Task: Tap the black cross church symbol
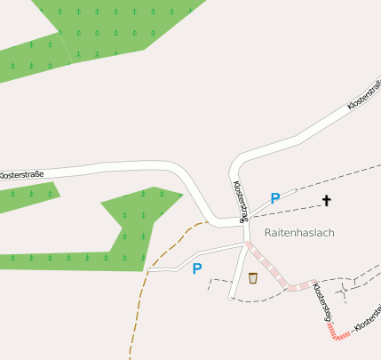(326, 201)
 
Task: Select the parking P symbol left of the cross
(275, 199)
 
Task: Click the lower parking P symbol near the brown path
(197, 268)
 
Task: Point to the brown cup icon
(253, 278)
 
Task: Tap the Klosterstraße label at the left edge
(20, 176)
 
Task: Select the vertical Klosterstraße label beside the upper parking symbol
(240, 201)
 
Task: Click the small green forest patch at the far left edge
(27, 197)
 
